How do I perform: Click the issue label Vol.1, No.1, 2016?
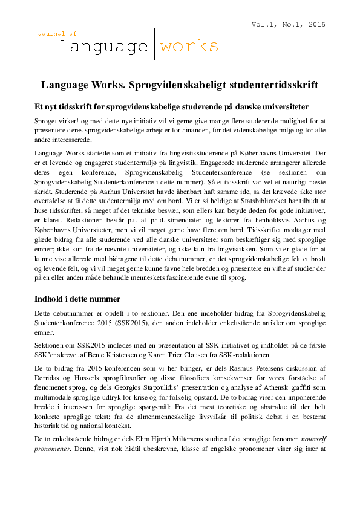pyautogui.click(x=289, y=25)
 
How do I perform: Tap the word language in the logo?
pyautogui.click(x=103, y=46)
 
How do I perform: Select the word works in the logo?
pyautogui.click(x=188, y=46)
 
